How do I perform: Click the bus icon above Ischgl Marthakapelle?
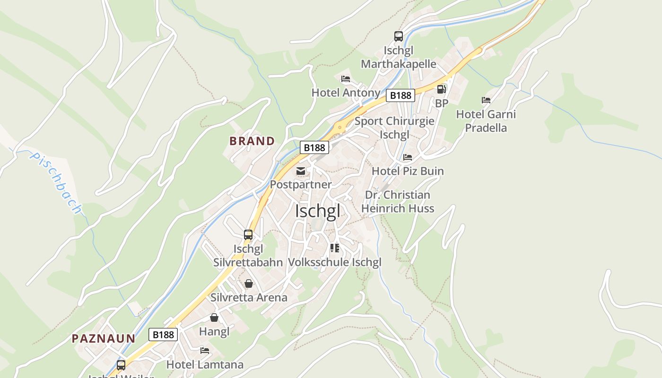pyautogui.click(x=399, y=36)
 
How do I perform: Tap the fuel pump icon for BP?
pyautogui.click(x=441, y=89)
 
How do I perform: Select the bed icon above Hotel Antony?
pyautogui.click(x=346, y=78)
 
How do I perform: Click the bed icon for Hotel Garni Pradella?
pyautogui.click(x=486, y=100)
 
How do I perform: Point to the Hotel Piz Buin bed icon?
pyautogui.click(x=408, y=157)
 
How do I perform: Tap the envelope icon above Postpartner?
pyautogui.click(x=301, y=171)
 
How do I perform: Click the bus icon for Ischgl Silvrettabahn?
pyautogui.click(x=248, y=234)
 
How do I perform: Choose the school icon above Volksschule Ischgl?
pyautogui.click(x=335, y=248)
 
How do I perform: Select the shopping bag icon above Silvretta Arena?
pyautogui.click(x=249, y=283)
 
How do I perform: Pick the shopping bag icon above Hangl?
pyautogui.click(x=214, y=318)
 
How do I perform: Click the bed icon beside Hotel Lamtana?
pyautogui.click(x=205, y=351)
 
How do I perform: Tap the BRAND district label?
pyautogui.click(x=252, y=141)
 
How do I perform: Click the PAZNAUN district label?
pyautogui.click(x=104, y=338)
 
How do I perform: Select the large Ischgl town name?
pyautogui.click(x=317, y=211)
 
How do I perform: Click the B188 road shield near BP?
pyautogui.click(x=401, y=95)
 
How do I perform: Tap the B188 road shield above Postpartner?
pyautogui.click(x=314, y=147)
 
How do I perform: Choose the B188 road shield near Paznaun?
pyautogui.click(x=164, y=335)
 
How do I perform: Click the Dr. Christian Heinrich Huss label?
pyautogui.click(x=398, y=202)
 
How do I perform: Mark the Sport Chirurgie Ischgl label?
pyautogui.click(x=394, y=128)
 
